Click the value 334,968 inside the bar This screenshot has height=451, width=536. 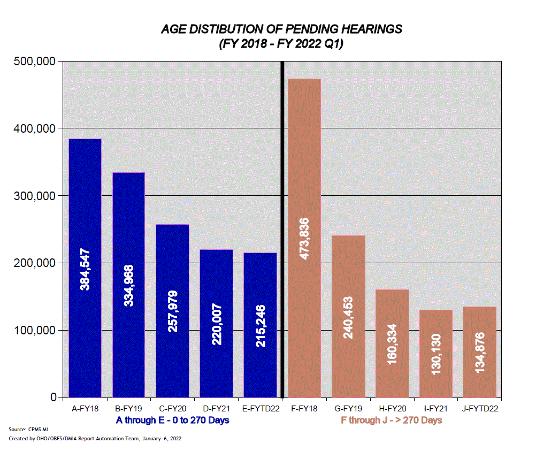click(128, 286)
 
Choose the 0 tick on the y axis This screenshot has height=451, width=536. click(53, 398)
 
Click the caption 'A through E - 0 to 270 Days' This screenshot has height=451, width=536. click(172, 420)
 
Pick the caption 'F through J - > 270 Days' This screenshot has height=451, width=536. click(392, 420)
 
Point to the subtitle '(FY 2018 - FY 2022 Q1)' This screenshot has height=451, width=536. click(281, 44)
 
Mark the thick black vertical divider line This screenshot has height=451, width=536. click(282, 230)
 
